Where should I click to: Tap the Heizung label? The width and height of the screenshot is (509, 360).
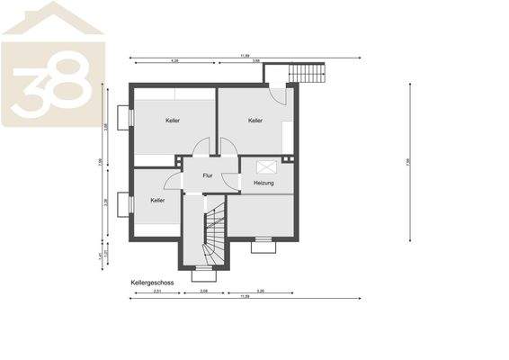tap(263, 183)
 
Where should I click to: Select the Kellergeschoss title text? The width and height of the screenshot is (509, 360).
tap(152, 282)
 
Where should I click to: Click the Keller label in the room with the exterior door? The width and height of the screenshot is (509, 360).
tap(256, 121)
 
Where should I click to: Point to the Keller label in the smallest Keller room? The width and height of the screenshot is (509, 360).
tap(157, 200)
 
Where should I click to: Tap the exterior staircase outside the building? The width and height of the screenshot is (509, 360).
tap(308, 71)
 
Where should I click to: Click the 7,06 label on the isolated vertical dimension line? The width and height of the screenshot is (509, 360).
tap(408, 163)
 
